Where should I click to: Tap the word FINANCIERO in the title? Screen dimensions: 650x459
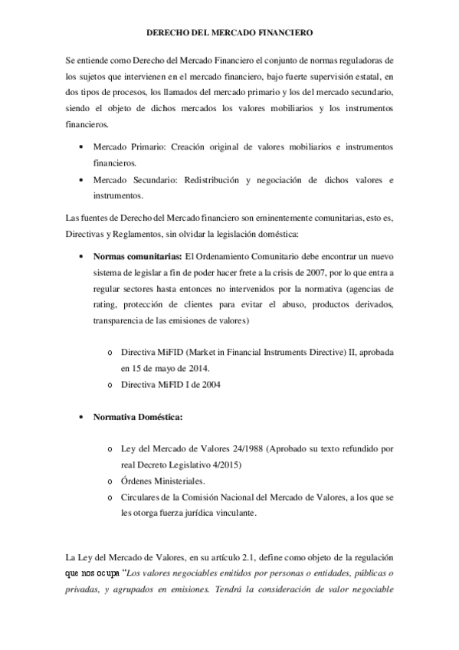click(284, 33)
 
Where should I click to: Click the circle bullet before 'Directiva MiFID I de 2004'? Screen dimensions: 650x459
click(113, 386)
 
